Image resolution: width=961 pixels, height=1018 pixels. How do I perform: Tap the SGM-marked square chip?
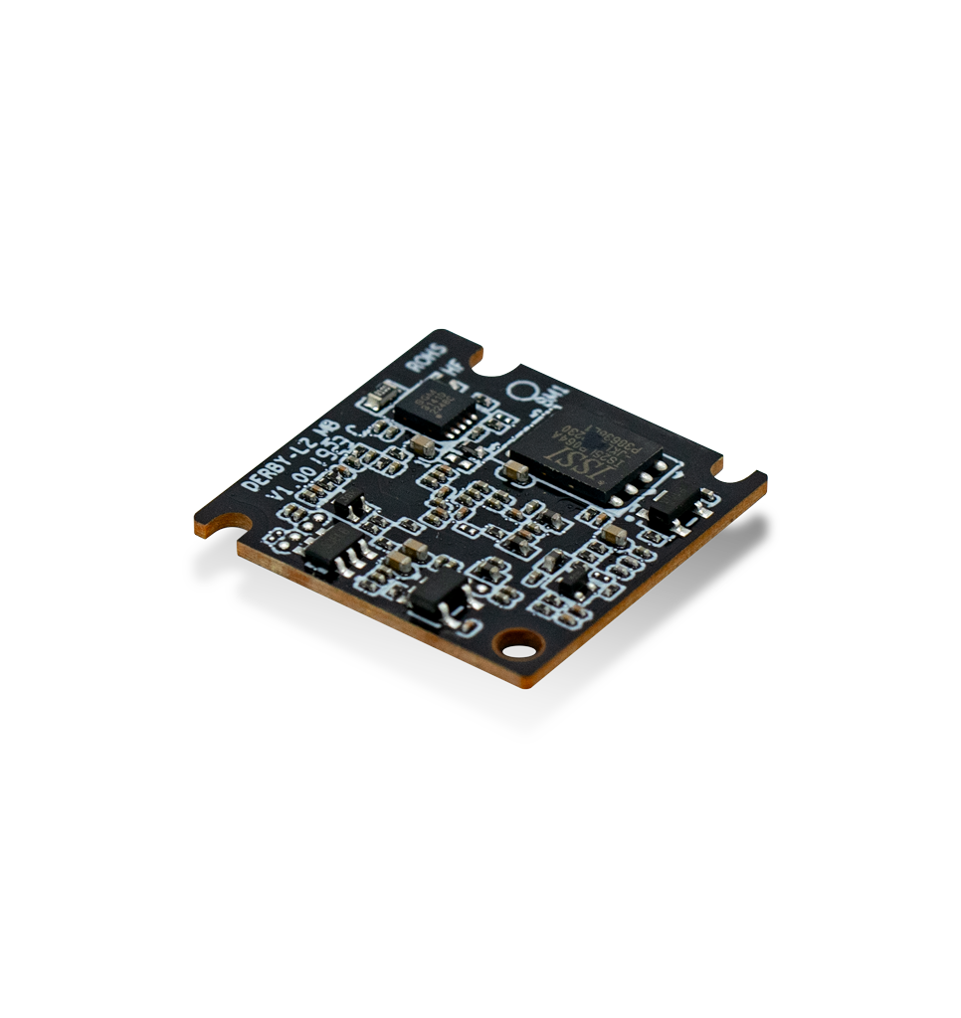point(434,408)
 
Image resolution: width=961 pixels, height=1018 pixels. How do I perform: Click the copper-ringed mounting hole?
point(518,650)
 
